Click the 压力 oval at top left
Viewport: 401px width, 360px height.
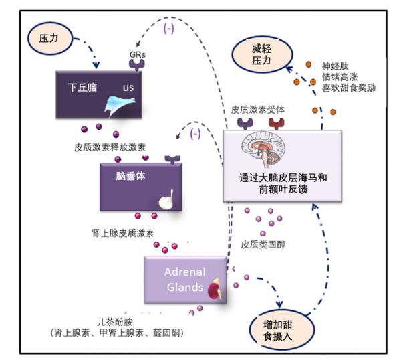50,38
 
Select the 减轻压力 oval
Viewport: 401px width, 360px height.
263,54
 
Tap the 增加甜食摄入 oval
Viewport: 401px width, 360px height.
282,330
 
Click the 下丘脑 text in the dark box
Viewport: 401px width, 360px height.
82,87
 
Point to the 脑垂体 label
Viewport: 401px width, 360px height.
130,176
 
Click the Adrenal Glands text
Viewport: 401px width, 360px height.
185,279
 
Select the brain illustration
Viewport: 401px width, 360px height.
264,149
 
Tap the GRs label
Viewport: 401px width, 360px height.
137,54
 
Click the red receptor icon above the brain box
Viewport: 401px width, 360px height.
277,124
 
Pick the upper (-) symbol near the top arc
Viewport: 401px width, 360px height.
169,29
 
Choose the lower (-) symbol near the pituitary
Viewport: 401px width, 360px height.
195,133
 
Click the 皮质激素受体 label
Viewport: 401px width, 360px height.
257,110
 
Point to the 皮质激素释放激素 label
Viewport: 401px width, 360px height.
110,147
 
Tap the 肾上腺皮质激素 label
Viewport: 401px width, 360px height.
123,233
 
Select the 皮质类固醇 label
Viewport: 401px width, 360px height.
263,244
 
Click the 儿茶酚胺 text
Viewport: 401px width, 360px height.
115,322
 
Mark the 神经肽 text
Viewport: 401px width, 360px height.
336,66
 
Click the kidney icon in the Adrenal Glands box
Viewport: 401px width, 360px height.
214,289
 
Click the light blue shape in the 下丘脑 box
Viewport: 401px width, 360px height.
120,105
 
